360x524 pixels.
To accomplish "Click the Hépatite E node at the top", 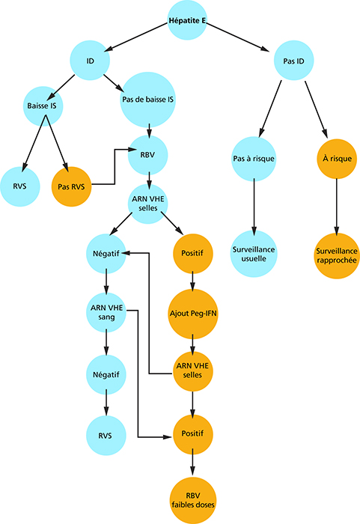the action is click(x=187, y=20).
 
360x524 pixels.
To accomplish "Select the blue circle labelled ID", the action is click(x=90, y=61).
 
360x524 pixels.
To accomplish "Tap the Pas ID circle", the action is click(x=294, y=61).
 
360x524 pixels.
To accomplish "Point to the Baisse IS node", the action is click(x=43, y=106).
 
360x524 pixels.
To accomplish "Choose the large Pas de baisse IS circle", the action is click(x=147, y=100).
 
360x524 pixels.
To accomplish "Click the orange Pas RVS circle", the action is click(x=71, y=186).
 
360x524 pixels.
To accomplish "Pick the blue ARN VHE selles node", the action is click(x=147, y=204).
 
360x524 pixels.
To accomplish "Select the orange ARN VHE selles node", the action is click(x=192, y=371).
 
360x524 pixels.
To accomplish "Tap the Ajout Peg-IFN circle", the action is click(x=193, y=314).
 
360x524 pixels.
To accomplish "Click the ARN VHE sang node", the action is click(x=106, y=312).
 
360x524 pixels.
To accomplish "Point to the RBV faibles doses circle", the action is click(x=193, y=500).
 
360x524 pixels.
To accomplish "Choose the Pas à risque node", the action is click(x=254, y=159).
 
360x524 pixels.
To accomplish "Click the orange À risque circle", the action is click(x=337, y=159).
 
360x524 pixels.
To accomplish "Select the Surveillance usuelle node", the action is click(x=254, y=254).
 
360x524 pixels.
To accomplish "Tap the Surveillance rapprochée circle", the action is click(x=337, y=256).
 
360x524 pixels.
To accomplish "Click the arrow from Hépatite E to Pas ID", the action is click(x=238, y=37).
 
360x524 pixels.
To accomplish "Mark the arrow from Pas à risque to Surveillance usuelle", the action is click(x=254, y=207).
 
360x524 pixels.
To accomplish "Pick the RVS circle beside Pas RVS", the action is click(x=19, y=186).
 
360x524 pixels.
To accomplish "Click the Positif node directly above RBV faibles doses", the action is click(x=192, y=434).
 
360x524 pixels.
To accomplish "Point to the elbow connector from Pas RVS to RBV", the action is click(x=115, y=167).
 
